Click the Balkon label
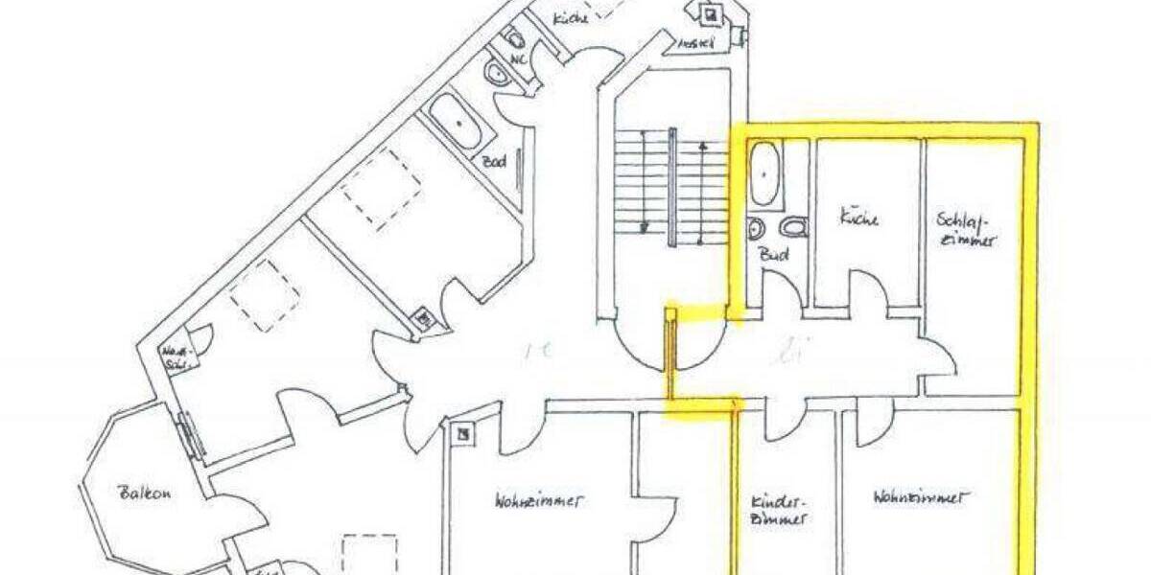click(145, 494)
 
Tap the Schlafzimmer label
click(966, 229)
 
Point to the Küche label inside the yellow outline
click(858, 218)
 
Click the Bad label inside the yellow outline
click(773, 256)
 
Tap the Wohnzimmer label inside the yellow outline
click(920, 497)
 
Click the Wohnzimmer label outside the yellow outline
click(540, 500)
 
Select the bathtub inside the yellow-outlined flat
click(763, 173)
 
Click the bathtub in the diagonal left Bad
click(455, 123)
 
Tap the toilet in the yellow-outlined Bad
click(794, 227)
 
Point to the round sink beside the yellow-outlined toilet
click(756, 229)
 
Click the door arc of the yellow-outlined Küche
click(870, 287)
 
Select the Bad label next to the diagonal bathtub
click(495, 162)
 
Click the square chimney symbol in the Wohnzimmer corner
click(464, 434)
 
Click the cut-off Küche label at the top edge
click(571, 17)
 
